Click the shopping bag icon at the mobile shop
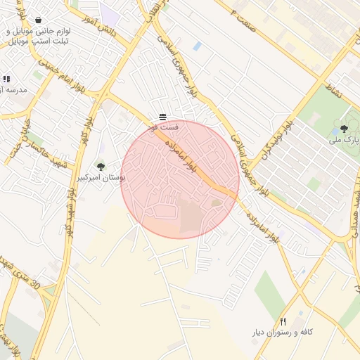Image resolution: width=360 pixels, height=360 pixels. click(x=37, y=20)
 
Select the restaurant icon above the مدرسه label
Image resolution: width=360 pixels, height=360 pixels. click(x=6, y=79)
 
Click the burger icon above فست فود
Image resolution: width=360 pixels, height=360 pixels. click(x=163, y=115)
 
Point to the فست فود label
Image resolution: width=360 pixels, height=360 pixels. click(x=163, y=127)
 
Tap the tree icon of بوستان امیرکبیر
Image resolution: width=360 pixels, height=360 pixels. click(x=101, y=167)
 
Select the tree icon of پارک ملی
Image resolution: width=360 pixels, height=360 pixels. click(x=344, y=128)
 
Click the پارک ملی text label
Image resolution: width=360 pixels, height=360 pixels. click(x=344, y=140)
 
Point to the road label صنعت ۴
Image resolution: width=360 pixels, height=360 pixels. click(x=235, y=10)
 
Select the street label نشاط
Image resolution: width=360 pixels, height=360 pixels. click(x=332, y=88)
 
